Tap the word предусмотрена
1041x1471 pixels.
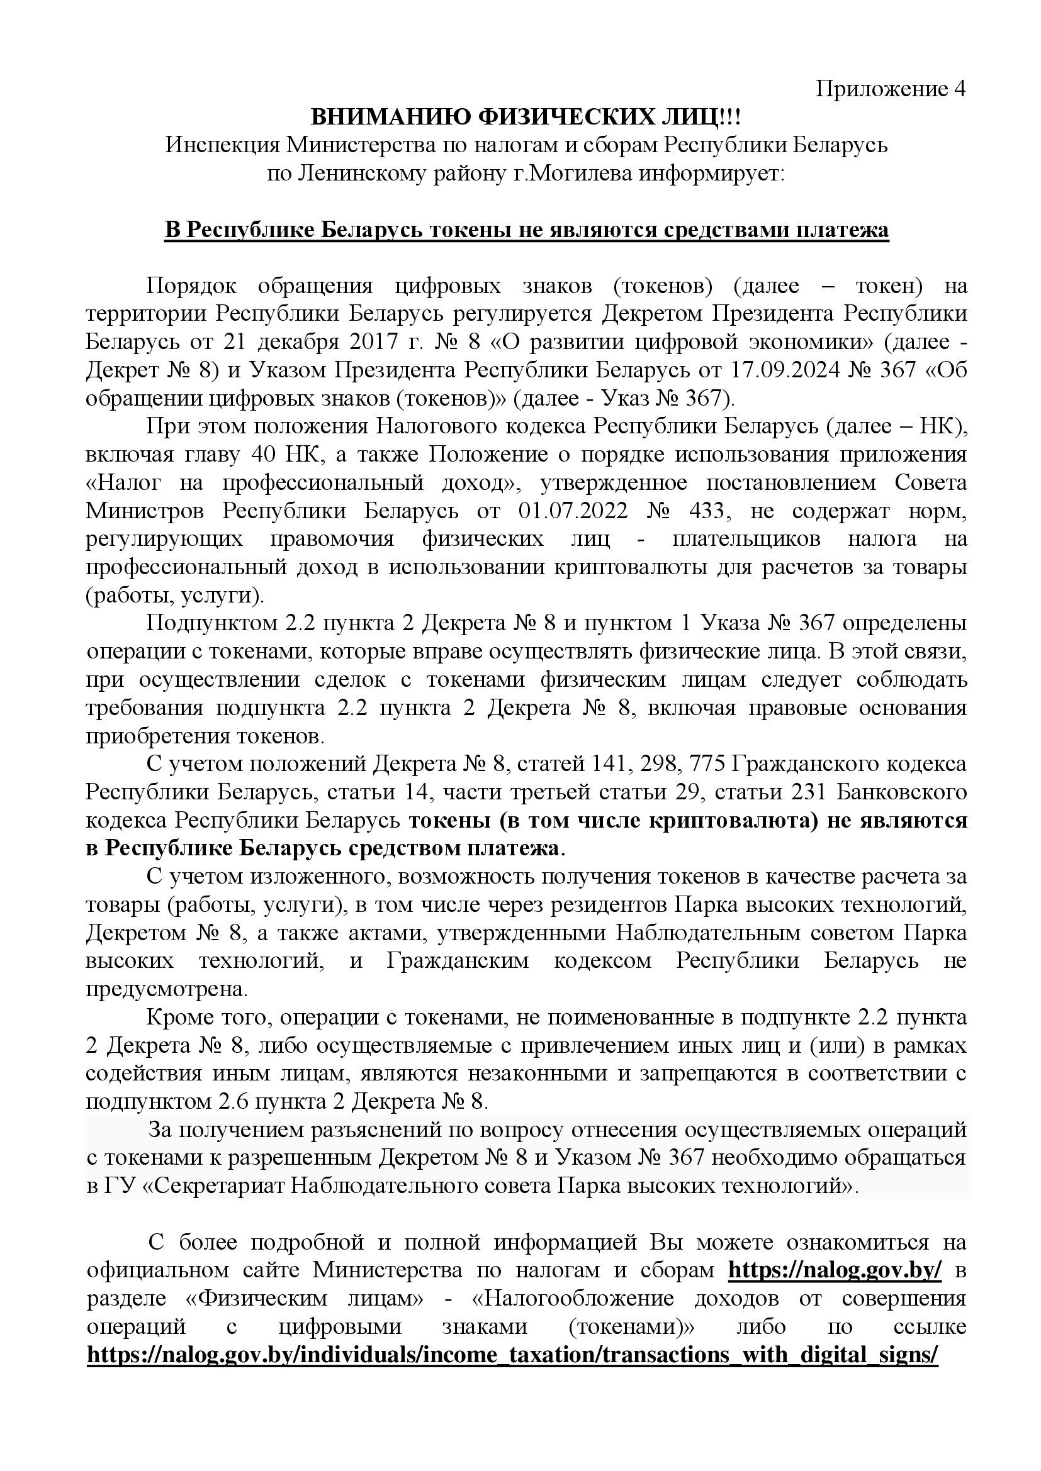[x=166, y=990]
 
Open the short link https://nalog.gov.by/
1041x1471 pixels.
[x=835, y=1270]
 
